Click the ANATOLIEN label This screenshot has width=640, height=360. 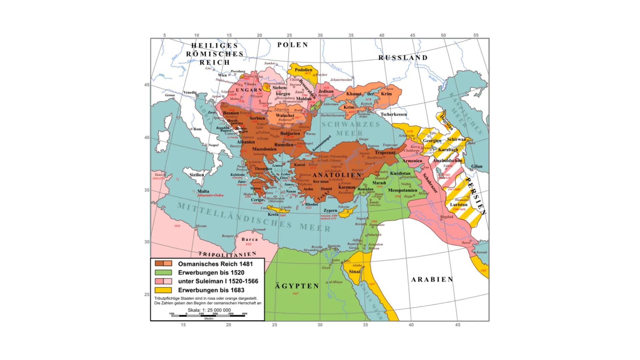[337, 175]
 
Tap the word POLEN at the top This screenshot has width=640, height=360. [293, 45]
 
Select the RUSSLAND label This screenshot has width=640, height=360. [403, 58]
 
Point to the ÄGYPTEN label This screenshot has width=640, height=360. [297, 286]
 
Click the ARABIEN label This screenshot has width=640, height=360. [432, 279]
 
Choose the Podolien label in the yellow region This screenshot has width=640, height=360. [303, 70]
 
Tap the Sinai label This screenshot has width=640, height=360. [354, 271]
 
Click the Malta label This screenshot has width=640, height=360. [203, 191]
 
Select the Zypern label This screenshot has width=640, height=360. [330, 211]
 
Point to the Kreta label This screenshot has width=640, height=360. [273, 214]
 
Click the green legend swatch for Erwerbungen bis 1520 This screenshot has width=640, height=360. [163, 272]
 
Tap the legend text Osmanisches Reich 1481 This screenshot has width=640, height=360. [215, 264]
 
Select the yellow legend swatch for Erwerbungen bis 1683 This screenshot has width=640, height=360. [163, 290]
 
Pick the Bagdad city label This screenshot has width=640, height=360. [447, 217]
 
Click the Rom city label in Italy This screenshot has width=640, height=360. [197, 129]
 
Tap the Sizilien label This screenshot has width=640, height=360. [196, 175]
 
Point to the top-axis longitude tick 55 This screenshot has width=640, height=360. [476, 35]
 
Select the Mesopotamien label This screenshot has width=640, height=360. [402, 190]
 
